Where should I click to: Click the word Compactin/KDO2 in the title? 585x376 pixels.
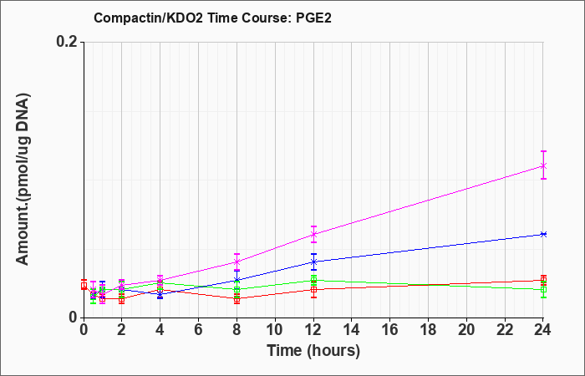pyautogui.click(x=148, y=18)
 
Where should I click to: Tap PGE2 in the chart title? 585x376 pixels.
pyautogui.click(x=313, y=18)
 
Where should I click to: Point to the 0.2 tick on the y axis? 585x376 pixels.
pyautogui.click(x=69, y=42)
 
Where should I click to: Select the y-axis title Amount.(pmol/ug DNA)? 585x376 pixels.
pyautogui.click(x=23, y=179)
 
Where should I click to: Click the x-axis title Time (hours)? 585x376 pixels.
pyautogui.click(x=313, y=351)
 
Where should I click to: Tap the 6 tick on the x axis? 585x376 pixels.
pyautogui.click(x=198, y=330)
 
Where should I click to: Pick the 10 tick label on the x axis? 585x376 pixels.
pyautogui.click(x=275, y=330)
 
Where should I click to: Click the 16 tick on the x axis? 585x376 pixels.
pyautogui.click(x=390, y=330)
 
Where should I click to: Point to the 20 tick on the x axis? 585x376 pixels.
pyautogui.click(x=466, y=330)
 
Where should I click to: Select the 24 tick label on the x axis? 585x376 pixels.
pyautogui.click(x=543, y=330)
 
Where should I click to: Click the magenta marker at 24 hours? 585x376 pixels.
pyautogui.click(x=543, y=165)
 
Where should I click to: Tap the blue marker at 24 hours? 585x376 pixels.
pyautogui.click(x=543, y=234)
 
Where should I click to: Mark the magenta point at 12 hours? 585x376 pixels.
pyautogui.click(x=313, y=234)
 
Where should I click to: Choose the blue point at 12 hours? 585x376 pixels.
pyautogui.click(x=313, y=262)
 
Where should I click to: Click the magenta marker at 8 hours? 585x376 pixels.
pyautogui.click(x=237, y=262)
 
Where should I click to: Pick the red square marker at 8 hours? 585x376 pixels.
pyautogui.click(x=237, y=299)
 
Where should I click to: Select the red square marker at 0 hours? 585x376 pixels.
pyautogui.click(x=84, y=286)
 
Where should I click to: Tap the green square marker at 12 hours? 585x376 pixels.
pyautogui.click(x=313, y=280)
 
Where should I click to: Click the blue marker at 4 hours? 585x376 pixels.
pyautogui.click(x=160, y=294)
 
